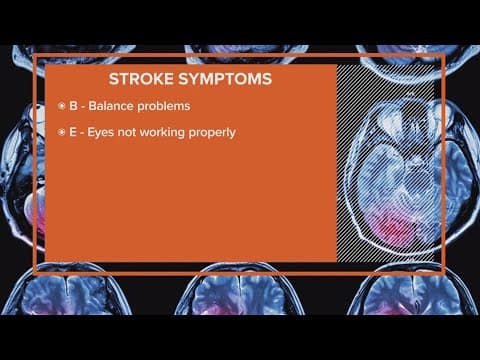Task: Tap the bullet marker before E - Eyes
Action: (x=62, y=132)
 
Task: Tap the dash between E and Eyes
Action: (x=84, y=132)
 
